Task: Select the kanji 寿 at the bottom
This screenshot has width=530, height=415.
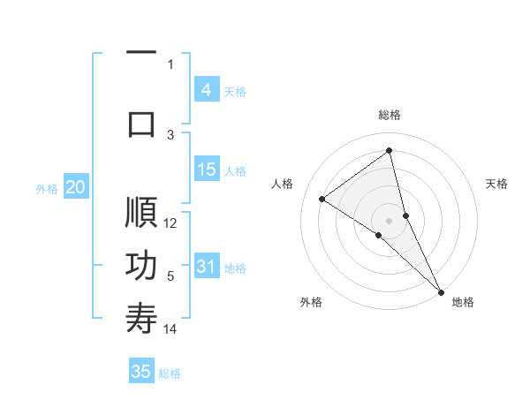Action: point(141,318)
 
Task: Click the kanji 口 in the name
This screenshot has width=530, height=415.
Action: point(141,123)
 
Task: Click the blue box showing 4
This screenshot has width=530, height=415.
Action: point(206,90)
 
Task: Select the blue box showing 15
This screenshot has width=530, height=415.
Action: point(206,170)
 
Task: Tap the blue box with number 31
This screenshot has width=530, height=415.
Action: point(206,268)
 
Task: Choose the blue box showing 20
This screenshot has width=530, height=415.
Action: point(75,187)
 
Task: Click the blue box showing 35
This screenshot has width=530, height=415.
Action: point(141,372)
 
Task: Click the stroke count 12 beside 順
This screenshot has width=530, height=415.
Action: point(171,223)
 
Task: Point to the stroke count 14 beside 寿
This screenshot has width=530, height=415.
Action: point(171,329)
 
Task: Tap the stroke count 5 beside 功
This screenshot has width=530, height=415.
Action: point(171,276)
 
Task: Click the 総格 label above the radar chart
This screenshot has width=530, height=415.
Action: point(390,115)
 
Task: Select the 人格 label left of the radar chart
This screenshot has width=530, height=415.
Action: point(283,184)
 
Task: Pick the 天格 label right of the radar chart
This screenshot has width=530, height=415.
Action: point(497,184)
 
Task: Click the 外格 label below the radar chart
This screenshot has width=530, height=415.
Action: point(311,302)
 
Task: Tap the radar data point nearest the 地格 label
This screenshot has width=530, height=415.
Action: point(441,291)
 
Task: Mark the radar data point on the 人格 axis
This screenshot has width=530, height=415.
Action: point(322,199)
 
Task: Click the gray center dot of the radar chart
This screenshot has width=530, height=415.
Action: point(389,220)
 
